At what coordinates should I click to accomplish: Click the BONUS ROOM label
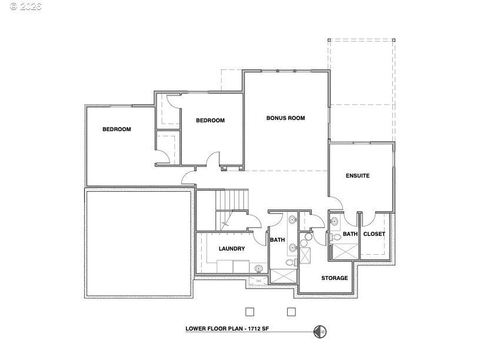point(285,118)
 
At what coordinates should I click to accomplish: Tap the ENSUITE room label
point(358,175)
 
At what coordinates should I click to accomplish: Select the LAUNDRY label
point(232,249)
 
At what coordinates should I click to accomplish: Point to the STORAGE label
point(334,278)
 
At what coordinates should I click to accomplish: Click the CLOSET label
point(374,234)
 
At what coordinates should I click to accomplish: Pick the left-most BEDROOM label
point(116,129)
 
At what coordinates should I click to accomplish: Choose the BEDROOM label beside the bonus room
point(210,121)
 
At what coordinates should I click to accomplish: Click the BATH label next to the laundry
point(277,240)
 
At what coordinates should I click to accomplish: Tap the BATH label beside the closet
point(350,234)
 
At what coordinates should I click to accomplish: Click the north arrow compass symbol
point(320,332)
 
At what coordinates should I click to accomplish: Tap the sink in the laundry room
point(258,268)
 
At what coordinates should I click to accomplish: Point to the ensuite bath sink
point(334,221)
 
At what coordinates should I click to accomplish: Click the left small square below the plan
point(249,311)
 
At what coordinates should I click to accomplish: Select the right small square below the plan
point(291,311)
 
